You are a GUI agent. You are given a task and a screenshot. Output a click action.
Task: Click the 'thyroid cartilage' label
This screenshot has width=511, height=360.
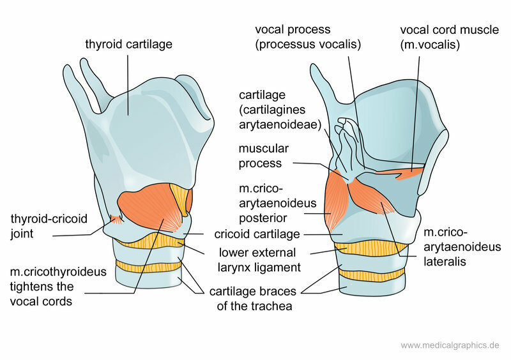129,45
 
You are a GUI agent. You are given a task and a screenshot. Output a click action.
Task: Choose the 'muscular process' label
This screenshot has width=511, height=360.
264,156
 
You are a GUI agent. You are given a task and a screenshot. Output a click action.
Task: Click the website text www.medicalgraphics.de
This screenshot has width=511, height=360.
449,345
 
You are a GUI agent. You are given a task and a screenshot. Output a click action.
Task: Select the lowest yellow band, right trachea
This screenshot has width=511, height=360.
372,275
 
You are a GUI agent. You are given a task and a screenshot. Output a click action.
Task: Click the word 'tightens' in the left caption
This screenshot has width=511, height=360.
33,287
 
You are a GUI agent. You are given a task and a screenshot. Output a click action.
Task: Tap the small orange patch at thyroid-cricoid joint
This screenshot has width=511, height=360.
116,220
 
